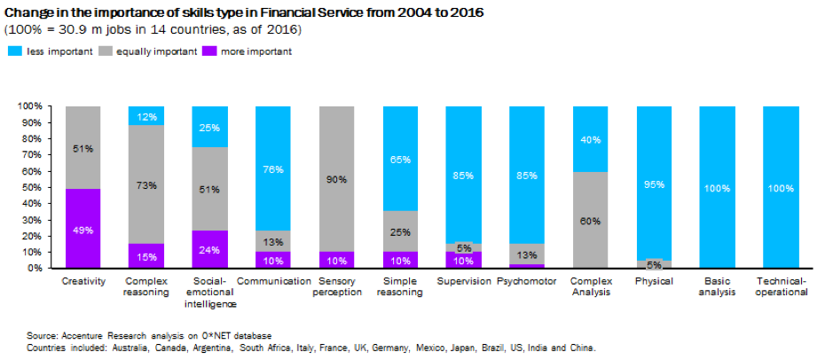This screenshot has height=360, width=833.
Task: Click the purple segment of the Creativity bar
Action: point(83,228)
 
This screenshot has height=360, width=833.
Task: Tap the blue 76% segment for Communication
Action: point(273,168)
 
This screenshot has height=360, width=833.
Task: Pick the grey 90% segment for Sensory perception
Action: point(337,178)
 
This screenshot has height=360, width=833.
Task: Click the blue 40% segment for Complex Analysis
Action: point(591,139)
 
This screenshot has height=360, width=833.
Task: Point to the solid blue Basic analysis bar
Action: point(718,186)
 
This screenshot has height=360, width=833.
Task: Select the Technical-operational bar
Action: point(782,186)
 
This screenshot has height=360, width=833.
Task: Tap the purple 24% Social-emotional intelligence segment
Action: point(209,249)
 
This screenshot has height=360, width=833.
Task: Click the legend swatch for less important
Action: point(15,51)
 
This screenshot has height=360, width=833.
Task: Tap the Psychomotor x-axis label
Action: point(527,281)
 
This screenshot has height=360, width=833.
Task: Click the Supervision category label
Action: point(463,281)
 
